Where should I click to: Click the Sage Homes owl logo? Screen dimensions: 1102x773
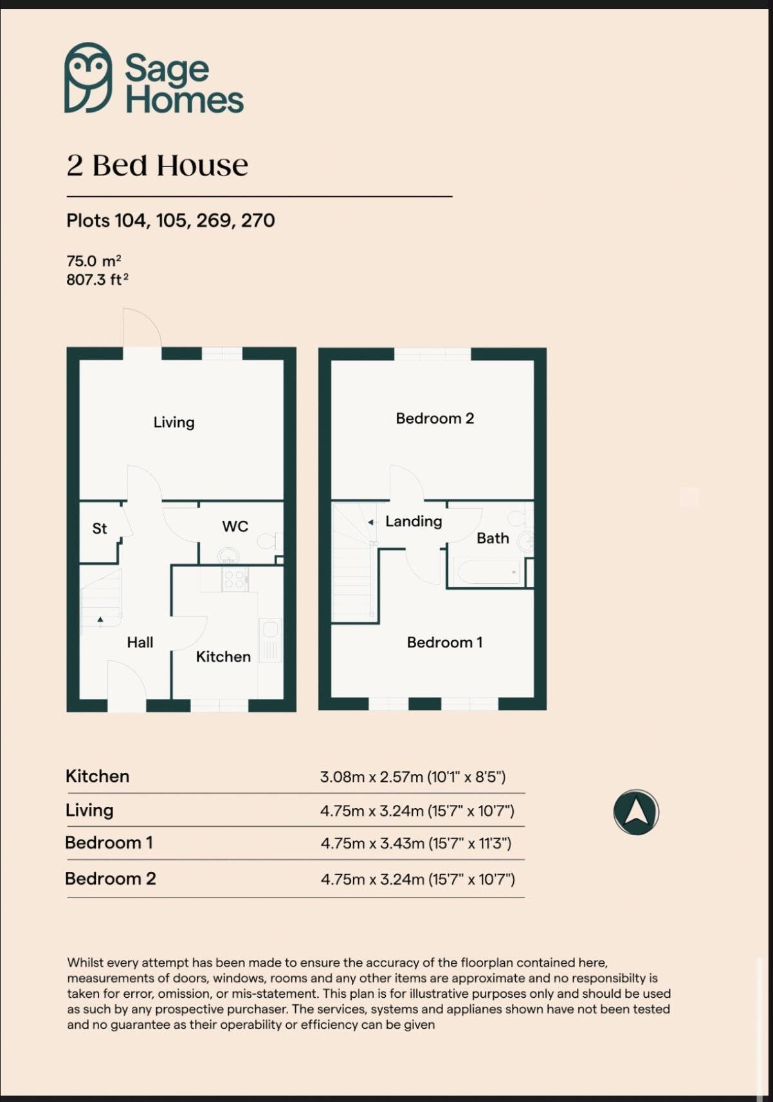pos(88,78)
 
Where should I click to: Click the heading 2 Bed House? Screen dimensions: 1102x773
pos(157,165)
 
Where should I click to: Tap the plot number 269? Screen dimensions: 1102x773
pos(214,221)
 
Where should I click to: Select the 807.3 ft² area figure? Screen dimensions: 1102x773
pos(97,280)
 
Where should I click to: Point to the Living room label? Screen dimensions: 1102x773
pos(174,422)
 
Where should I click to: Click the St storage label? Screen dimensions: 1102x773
pos(100,528)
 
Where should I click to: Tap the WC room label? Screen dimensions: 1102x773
pos(235,527)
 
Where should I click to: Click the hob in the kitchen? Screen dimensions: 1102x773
pos(234,579)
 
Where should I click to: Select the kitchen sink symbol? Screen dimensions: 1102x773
pos(270,640)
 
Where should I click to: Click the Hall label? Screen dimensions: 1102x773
pos(140,642)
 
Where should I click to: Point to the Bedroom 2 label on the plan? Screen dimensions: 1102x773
pos(435,419)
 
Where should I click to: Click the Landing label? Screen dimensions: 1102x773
pos(414,521)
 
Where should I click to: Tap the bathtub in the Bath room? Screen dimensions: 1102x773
pos(487,572)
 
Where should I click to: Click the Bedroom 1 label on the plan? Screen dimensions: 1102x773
pos(444,642)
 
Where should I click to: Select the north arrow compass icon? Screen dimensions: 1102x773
pos(636,812)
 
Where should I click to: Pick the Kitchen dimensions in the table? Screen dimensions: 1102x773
pos(413,777)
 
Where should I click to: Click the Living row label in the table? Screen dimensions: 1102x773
pos(89,810)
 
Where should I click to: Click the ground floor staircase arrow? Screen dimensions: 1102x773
pos(100,620)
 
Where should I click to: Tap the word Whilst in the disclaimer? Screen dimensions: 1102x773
pos(85,962)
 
